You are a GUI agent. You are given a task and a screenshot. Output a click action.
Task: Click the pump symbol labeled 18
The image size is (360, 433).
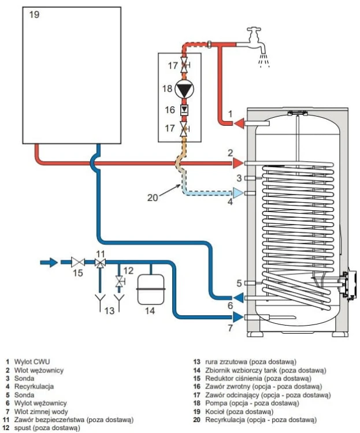[184, 89]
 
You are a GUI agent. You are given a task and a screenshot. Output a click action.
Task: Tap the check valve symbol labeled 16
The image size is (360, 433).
[184, 110]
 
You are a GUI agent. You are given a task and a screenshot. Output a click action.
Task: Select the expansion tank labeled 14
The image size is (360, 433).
[151, 289]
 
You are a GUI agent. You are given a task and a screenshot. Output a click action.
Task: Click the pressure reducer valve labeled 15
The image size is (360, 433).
[77, 262]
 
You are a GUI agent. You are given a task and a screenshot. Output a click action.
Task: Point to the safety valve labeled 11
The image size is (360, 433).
[100, 262]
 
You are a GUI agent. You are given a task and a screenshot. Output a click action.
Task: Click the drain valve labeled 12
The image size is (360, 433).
[120, 282]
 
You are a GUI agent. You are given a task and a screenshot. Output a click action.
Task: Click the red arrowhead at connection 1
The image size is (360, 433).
[239, 123]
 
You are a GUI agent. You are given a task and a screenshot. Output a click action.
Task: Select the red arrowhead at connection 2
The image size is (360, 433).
[238, 163]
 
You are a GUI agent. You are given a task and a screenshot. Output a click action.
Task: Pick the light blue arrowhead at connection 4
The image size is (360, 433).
[238, 193]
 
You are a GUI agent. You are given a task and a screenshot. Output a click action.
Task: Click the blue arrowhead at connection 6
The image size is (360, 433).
[238, 298]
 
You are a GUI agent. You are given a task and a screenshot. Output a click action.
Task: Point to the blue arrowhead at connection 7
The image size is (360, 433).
[238, 317]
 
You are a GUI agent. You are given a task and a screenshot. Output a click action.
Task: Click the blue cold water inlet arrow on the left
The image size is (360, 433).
[49, 262]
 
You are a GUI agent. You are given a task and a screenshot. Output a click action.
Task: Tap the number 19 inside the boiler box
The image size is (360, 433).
[34, 14]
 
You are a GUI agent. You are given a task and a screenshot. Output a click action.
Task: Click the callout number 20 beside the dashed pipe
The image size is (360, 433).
[153, 197]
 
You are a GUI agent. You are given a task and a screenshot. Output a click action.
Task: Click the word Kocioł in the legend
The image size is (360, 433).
[214, 412]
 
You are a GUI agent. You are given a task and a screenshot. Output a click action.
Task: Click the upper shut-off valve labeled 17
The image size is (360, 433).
[184, 65]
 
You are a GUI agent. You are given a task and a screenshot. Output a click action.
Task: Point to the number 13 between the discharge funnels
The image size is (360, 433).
[109, 311]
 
